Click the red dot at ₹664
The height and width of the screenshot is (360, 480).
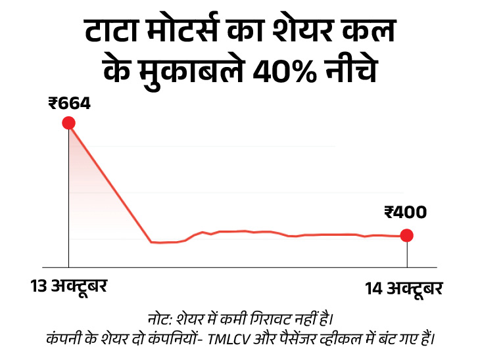68,123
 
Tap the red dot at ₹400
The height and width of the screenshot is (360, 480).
406,235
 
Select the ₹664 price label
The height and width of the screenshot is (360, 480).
69,102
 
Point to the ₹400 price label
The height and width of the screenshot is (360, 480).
405,212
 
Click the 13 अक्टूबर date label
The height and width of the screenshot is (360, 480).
68,286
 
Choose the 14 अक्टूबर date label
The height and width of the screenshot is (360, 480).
404,288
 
